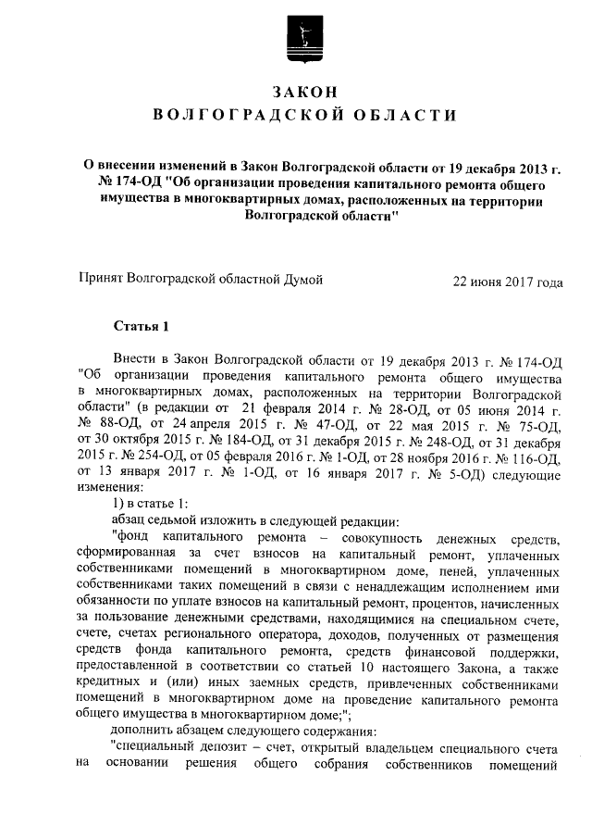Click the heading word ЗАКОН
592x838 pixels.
tap(302, 91)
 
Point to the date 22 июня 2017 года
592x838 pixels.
tap(506, 282)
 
